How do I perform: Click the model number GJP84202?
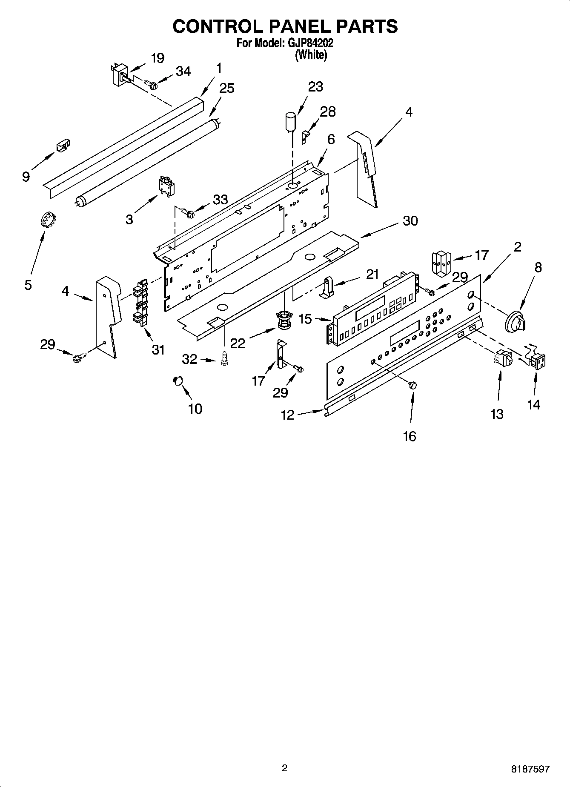click(x=311, y=43)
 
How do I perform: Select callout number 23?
click(x=315, y=87)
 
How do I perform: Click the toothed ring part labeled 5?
click(x=45, y=221)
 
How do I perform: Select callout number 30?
click(x=410, y=221)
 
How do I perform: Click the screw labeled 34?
click(x=151, y=85)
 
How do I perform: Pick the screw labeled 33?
click(x=187, y=211)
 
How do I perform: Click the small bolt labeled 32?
click(x=223, y=360)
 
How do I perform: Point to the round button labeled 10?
click(x=178, y=380)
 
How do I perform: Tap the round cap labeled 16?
click(x=412, y=385)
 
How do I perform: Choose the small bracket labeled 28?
click(x=305, y=137)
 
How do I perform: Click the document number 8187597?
click(x=530, y=769)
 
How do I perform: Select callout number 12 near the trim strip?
click(x=288, y=415)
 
